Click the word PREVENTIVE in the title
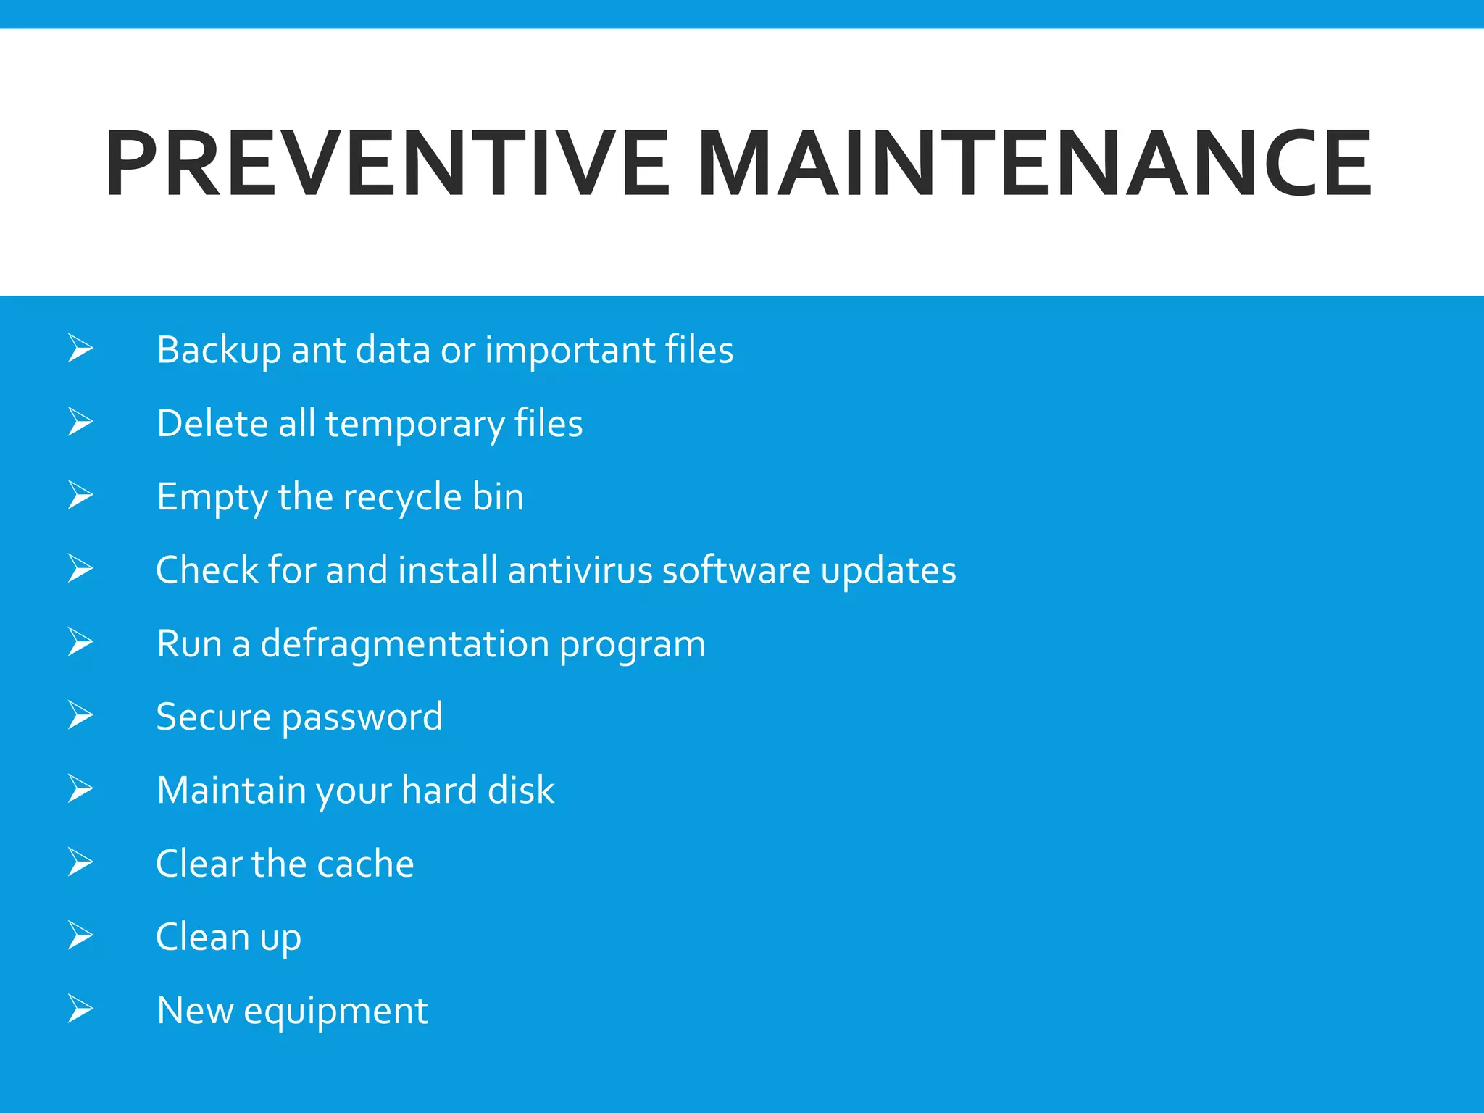(x=387, y=163)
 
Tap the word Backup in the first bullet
(x=218, y=351)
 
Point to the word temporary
(x=414, y=425)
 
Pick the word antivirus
(x=580, y=570)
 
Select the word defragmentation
(x=404, y=644)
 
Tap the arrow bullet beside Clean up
(x=80, y=935)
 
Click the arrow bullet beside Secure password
(x=80, y=715)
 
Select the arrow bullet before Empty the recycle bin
(x=80, y=495)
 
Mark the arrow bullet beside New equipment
(x=80, y=1009)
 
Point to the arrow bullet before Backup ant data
(x=80, y=348)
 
